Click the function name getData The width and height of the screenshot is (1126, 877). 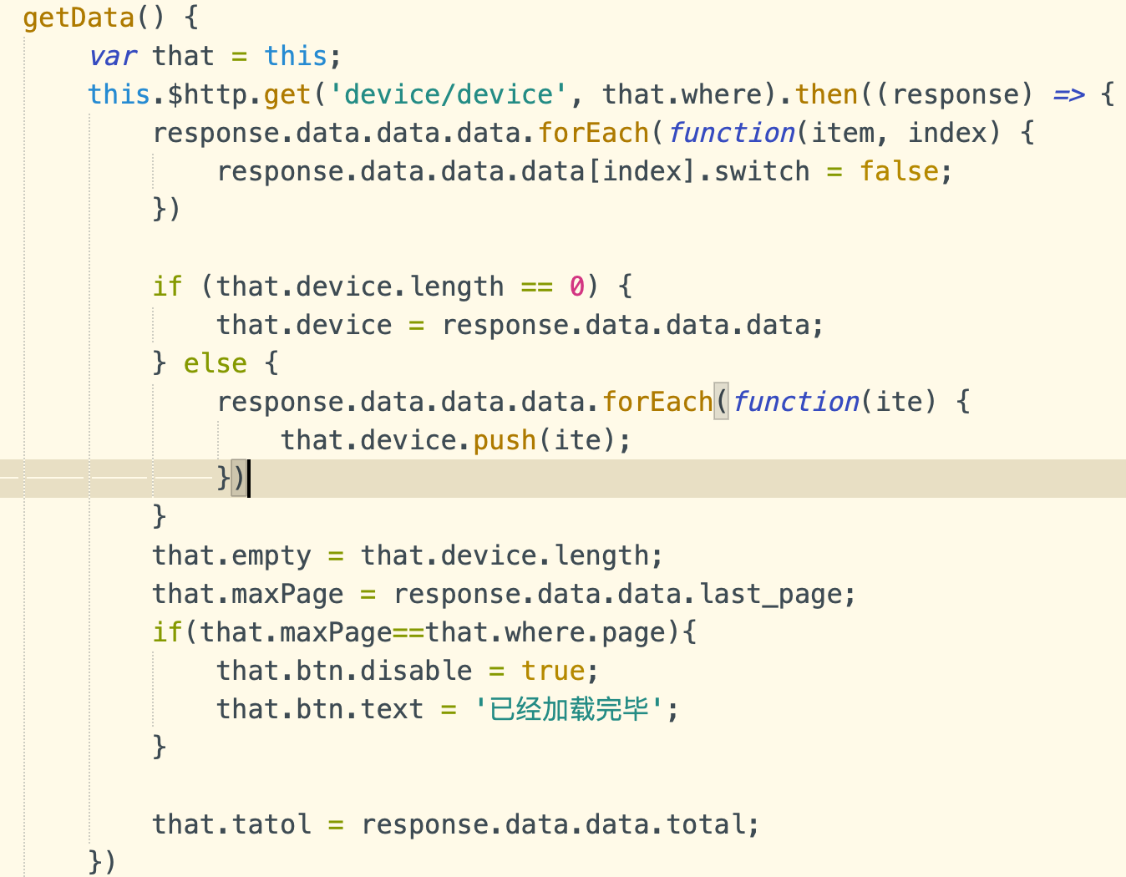79,18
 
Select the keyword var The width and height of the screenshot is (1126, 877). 113,56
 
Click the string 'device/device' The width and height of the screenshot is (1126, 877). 449,94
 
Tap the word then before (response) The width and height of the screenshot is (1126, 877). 826,94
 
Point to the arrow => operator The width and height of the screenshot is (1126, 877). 1068,94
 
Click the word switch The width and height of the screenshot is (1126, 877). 762,171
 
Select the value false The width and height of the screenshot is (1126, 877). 899,171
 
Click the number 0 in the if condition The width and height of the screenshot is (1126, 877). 576,286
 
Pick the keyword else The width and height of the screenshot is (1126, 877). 216,363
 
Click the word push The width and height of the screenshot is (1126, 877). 505,440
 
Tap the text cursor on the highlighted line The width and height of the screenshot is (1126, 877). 249,479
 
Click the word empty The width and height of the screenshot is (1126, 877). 271,555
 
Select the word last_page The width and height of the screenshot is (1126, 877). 770,594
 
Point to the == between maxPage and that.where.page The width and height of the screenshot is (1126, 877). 408,632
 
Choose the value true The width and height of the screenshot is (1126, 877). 553,671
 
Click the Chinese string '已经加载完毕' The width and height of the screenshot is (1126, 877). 568,709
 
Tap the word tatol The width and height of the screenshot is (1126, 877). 271,824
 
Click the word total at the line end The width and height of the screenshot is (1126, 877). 706,824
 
